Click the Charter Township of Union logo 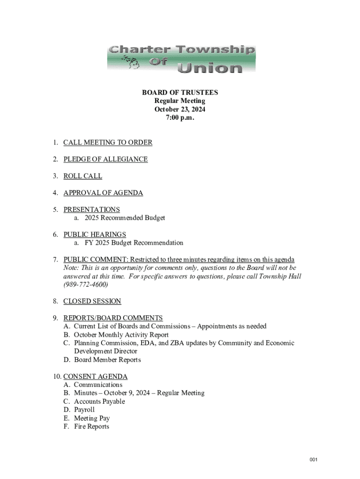tap(181, 59)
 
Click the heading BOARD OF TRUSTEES tap(180, 93)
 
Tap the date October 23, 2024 tap(180, 109)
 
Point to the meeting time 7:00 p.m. tap(180, 118)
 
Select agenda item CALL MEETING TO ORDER tap(108, 143)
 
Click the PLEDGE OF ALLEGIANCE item tap(105, 160)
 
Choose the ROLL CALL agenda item tap(82, 176)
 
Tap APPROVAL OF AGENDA tap(103, 193)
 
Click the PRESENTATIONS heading tap(92, 210)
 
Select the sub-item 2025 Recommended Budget tap(124, 218)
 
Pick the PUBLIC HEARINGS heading tap(95, 234)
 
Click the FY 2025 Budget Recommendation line tap(134, 243)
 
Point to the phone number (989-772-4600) tap(86, 284)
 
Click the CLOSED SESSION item tap(92, 301)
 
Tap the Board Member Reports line tap(107, 360)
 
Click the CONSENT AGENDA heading tap(95, 377)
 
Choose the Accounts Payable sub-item tap(99, 401)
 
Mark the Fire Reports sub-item tap(91, 427)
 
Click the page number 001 tap(313, 460)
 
